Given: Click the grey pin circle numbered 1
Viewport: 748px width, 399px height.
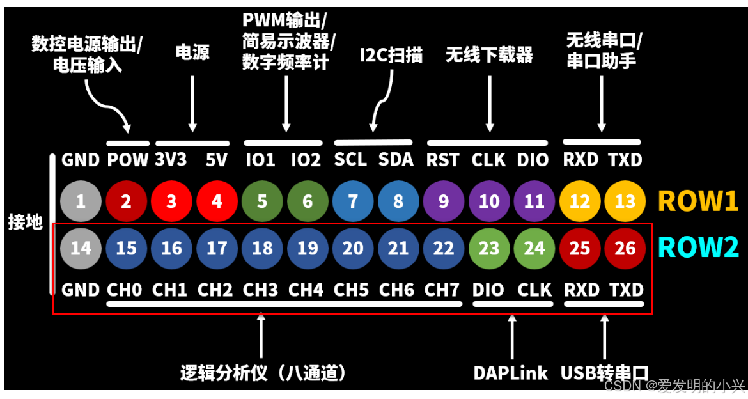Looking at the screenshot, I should coord(81,201).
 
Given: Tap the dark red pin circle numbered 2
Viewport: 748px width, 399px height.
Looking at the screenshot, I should coord(126,201).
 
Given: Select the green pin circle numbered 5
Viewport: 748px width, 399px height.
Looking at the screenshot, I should coord(262,201).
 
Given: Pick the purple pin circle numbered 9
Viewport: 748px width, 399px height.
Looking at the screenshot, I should coord(444,201).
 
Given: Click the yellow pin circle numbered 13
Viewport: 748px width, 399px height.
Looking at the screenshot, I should coord(625,201).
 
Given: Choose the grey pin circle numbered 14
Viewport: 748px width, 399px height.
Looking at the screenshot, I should coord(81,247).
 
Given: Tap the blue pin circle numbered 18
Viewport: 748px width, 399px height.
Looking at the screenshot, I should coord(262,247).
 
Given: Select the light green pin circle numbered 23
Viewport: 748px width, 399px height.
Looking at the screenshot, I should coord(489,247).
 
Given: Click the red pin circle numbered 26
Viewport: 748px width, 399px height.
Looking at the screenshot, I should coord(625,247).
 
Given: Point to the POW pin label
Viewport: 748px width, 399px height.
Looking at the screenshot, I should coord(128,159).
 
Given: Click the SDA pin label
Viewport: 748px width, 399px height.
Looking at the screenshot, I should coord(396,159).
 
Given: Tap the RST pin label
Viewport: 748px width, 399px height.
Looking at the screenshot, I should coord(443,159).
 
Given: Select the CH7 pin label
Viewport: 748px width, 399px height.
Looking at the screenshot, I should coord(442,290).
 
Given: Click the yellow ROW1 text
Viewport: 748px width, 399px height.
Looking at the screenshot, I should coord(698,201).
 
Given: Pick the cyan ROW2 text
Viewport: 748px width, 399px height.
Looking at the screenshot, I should coord(698,247).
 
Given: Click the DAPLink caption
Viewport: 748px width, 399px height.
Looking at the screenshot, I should coord(511,373).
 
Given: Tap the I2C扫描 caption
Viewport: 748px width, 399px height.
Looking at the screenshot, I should coord(391,55).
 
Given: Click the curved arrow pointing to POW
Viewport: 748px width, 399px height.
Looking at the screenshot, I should coord(105,106).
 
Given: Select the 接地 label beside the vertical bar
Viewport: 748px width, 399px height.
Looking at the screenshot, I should coord(25,223).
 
